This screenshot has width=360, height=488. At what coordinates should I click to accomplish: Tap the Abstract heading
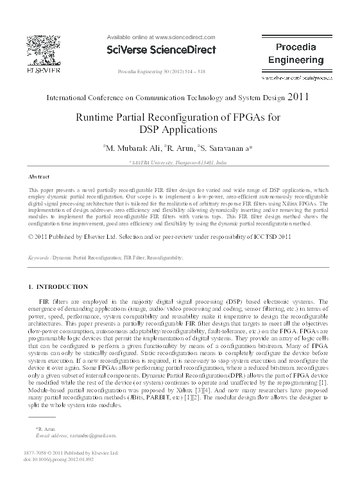(x=40, y=176)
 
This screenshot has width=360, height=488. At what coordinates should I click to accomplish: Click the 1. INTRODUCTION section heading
(x=58, y=286)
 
